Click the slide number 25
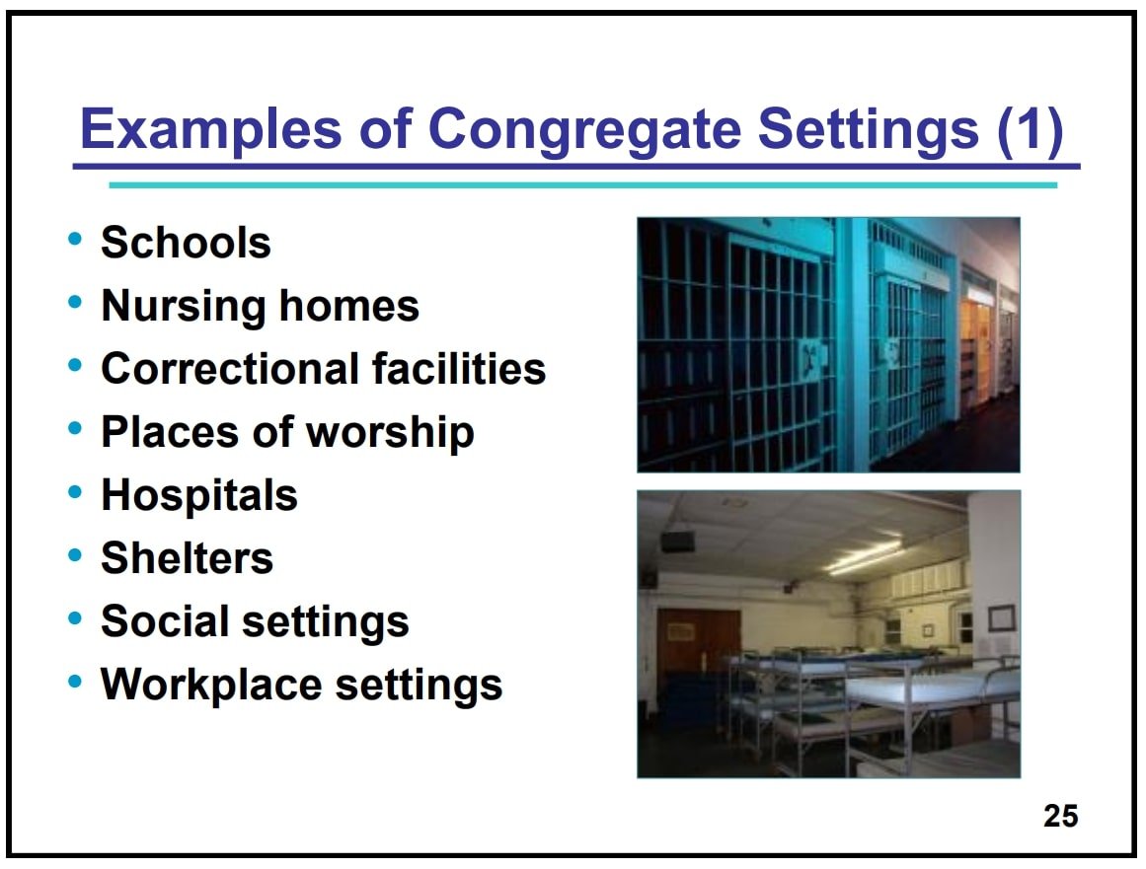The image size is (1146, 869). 1060,816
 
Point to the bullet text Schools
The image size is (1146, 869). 186,243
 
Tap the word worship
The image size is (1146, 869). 390,433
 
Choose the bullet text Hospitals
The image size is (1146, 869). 199,496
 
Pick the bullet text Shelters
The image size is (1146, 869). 188,558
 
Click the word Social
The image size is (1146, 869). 165,621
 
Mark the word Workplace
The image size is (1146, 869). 211,686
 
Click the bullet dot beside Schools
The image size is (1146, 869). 75,238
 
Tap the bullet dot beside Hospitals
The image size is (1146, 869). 75,491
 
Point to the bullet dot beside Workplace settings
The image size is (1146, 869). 75,682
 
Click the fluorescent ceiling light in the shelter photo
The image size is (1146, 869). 867,556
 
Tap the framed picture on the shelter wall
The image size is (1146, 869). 1001,618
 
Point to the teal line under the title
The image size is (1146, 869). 583,185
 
